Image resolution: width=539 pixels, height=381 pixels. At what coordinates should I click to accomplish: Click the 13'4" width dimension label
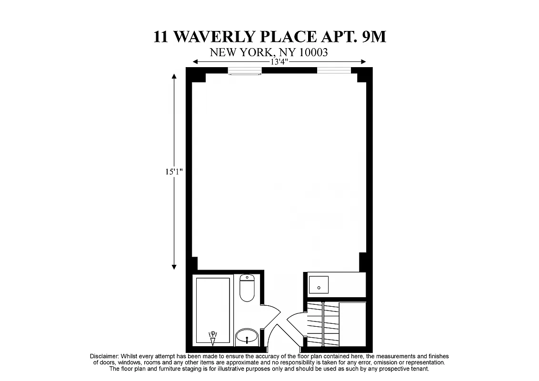click(279, 62)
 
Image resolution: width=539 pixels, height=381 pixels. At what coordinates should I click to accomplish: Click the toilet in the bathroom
click(247, 288)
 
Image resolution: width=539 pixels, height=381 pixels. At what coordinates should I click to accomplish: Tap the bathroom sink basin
click(247, 337)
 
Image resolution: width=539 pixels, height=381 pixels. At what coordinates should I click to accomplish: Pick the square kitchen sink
click(318, 285)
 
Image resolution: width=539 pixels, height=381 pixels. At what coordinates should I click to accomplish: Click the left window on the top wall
click(245, 71)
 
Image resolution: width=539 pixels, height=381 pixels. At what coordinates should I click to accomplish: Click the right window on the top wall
click(334, 70)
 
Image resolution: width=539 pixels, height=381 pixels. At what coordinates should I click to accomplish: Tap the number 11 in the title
click(160, 37)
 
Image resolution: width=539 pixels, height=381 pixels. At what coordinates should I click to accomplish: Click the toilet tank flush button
click(247, 277)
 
